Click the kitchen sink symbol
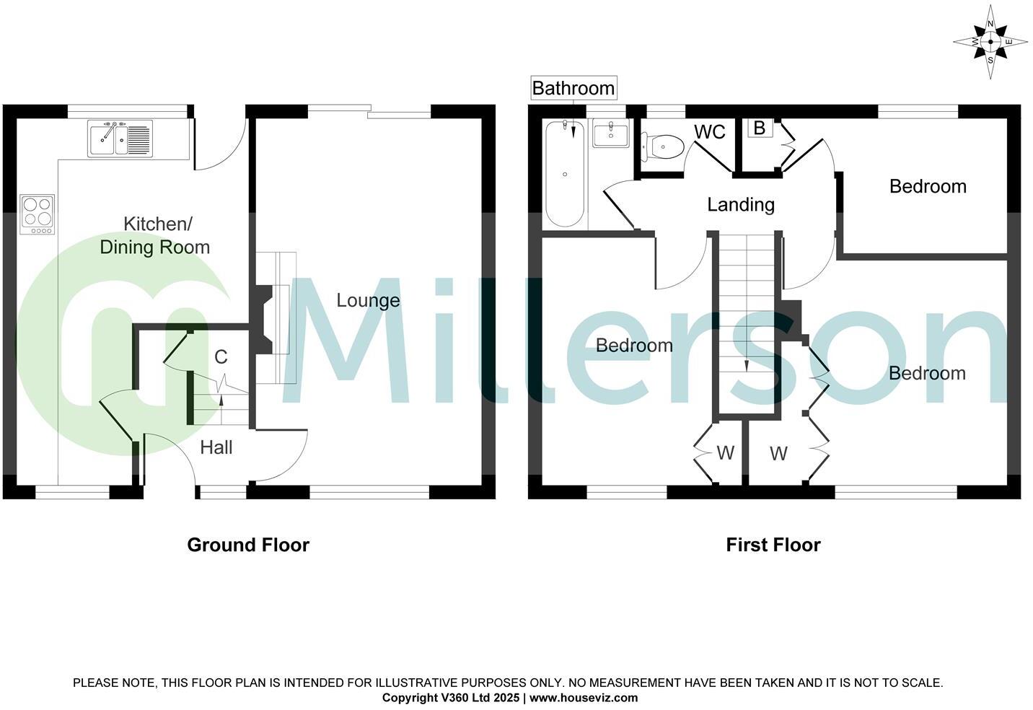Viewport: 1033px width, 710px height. click(x=120, y=138)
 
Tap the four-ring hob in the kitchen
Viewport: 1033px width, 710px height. click(x=38, y=214)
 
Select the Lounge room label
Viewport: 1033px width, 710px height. click(x=368, y=300)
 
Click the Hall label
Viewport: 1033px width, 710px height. click(x=216, y=447)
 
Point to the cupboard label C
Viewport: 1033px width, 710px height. click(x=221, y=356)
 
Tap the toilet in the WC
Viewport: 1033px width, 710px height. click(x=664, y=147)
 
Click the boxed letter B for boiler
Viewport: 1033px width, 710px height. click(x=759, y=128)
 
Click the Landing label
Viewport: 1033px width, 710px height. click(x=740, y=205)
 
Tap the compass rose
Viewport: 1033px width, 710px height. click(x=990, y=42)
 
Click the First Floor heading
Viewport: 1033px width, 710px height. click(x=773, y=545)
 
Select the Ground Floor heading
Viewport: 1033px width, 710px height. click(x=248, y=545)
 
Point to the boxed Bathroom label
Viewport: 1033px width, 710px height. click(x=573, y=88)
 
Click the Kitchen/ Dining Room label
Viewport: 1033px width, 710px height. click(x=155, y=235)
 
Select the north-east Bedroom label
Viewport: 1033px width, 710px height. click(x=927, y=186)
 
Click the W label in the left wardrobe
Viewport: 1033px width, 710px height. click(x=725, y=453)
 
